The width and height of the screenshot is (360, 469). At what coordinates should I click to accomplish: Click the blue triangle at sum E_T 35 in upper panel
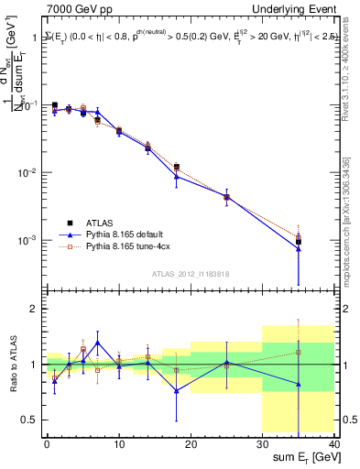299,248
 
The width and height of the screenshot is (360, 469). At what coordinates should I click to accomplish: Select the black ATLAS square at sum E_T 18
177,167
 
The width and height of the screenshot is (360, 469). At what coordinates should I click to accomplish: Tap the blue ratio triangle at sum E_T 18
177,390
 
